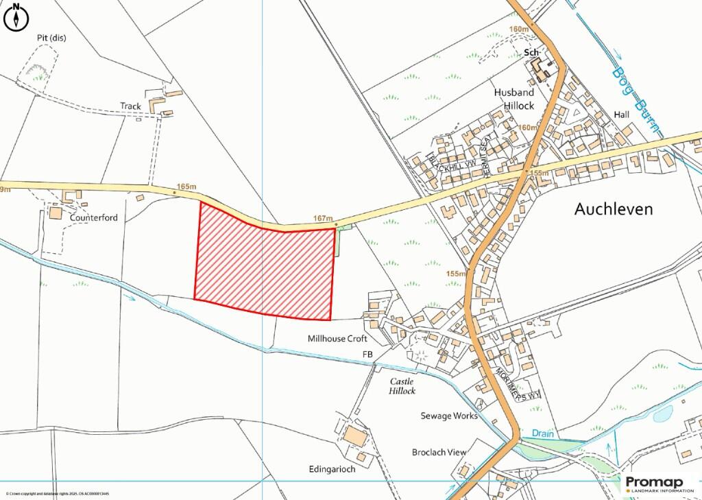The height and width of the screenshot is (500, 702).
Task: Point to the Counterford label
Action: [94, 217]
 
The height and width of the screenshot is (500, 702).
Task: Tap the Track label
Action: [130, 106]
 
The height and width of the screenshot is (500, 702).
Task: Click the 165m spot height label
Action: [186, 186]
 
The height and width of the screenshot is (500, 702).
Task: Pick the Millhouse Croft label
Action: [337, 339]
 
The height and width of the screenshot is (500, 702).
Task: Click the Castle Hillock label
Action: [403, 385]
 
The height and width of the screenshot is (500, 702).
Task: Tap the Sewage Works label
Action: [449, 416]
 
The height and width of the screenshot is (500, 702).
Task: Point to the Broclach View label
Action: [439, 452]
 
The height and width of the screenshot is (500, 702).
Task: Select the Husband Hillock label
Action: [514, 99]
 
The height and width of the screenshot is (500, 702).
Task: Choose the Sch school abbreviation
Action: [531, 52]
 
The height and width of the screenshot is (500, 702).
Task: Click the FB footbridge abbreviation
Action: [369, 354]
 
